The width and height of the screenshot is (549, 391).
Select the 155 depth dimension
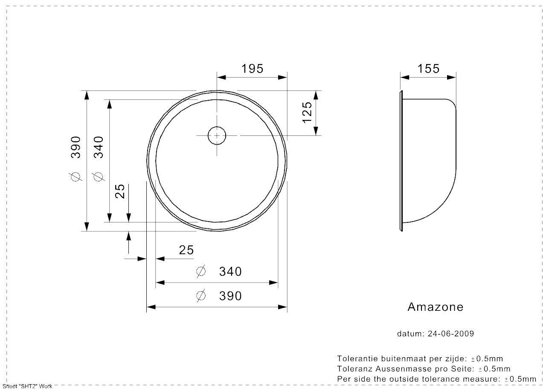pyautogui.click(x=428, y=69)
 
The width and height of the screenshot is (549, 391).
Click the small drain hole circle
pyautogui.click(x=217, y=135)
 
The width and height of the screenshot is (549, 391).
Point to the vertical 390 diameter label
pyautogui.click(x=76, y=147)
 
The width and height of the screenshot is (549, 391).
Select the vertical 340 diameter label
pyautogui.click(x=99, y=147)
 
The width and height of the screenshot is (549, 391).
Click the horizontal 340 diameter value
pyautogui.click(x=230, y=271)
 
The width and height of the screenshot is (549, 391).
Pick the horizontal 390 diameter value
pyautogui.click(x=230, y=296)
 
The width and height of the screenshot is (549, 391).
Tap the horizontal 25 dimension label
pyautogui.click(x=186, y=250)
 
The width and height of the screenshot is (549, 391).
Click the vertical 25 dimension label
pyautogui.click(x=120, y=191)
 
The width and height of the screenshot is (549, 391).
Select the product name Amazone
pyautogui.click(x=435, y=307)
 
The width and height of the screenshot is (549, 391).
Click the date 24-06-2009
pyautogui.click(x=450, y=334)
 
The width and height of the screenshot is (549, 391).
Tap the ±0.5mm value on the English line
pyautogui.click(x=520, y=379)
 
